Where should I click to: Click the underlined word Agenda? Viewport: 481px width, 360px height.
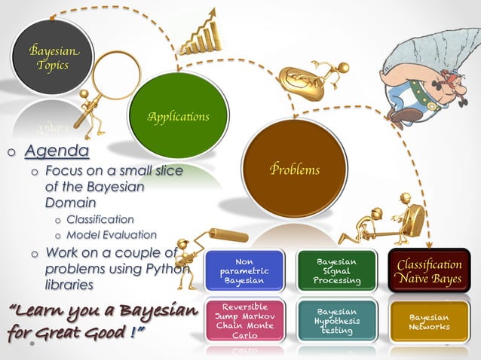57,152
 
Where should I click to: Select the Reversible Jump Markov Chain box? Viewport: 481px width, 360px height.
244,321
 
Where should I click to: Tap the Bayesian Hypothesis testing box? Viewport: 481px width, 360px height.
338,321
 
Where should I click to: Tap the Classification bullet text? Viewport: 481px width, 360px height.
100,219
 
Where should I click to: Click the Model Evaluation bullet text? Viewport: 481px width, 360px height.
111,235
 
